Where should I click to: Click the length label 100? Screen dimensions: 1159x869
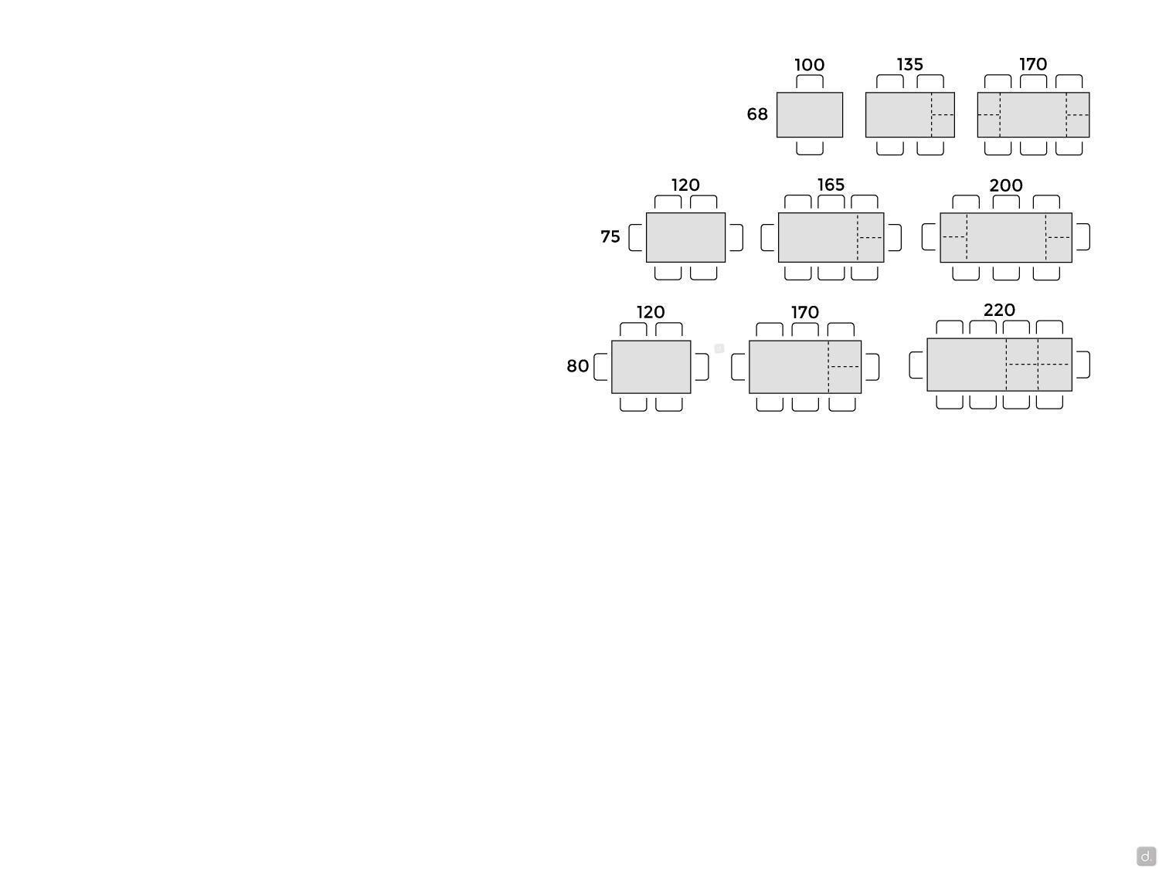pyautogui.click(x=809, y=65)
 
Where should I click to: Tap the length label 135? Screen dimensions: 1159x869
pyautogui.click(x=909, y=64)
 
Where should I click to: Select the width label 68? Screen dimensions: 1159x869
pyautogui.click(x=756, y=114)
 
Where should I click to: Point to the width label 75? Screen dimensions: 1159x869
pyautogui.click(x=610, y=237)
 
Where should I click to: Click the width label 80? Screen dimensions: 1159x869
pyautogui.click(x=577, y=365)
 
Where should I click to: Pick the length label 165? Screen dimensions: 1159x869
pyautogui.click(x=831, y=185)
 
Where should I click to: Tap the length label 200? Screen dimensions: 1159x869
pyautogui.click(x=1005, y=185)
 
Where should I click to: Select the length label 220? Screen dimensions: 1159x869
pyautogui.click(x=999, y=310)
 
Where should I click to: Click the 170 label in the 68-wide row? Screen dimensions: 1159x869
pyautogui.click(x=1033, y=64)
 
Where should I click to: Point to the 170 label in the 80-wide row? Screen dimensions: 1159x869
pyautogui.click(x=804, y=312)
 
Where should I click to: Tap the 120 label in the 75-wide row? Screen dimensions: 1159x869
pyautogui.click(x=685, y=185)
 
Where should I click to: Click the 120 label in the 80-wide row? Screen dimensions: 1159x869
pyautogui.click(x=651, y=312)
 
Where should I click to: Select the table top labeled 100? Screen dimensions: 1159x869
pyautogui.click(x=810, y=115)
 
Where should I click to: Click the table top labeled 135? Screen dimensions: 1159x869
pyautogui.click(x=909, y=115)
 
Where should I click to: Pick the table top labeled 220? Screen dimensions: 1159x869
pyautogui.click(x=999, y=365)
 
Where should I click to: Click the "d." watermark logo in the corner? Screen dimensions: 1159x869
pyautogui.click(x=1146, y=856)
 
